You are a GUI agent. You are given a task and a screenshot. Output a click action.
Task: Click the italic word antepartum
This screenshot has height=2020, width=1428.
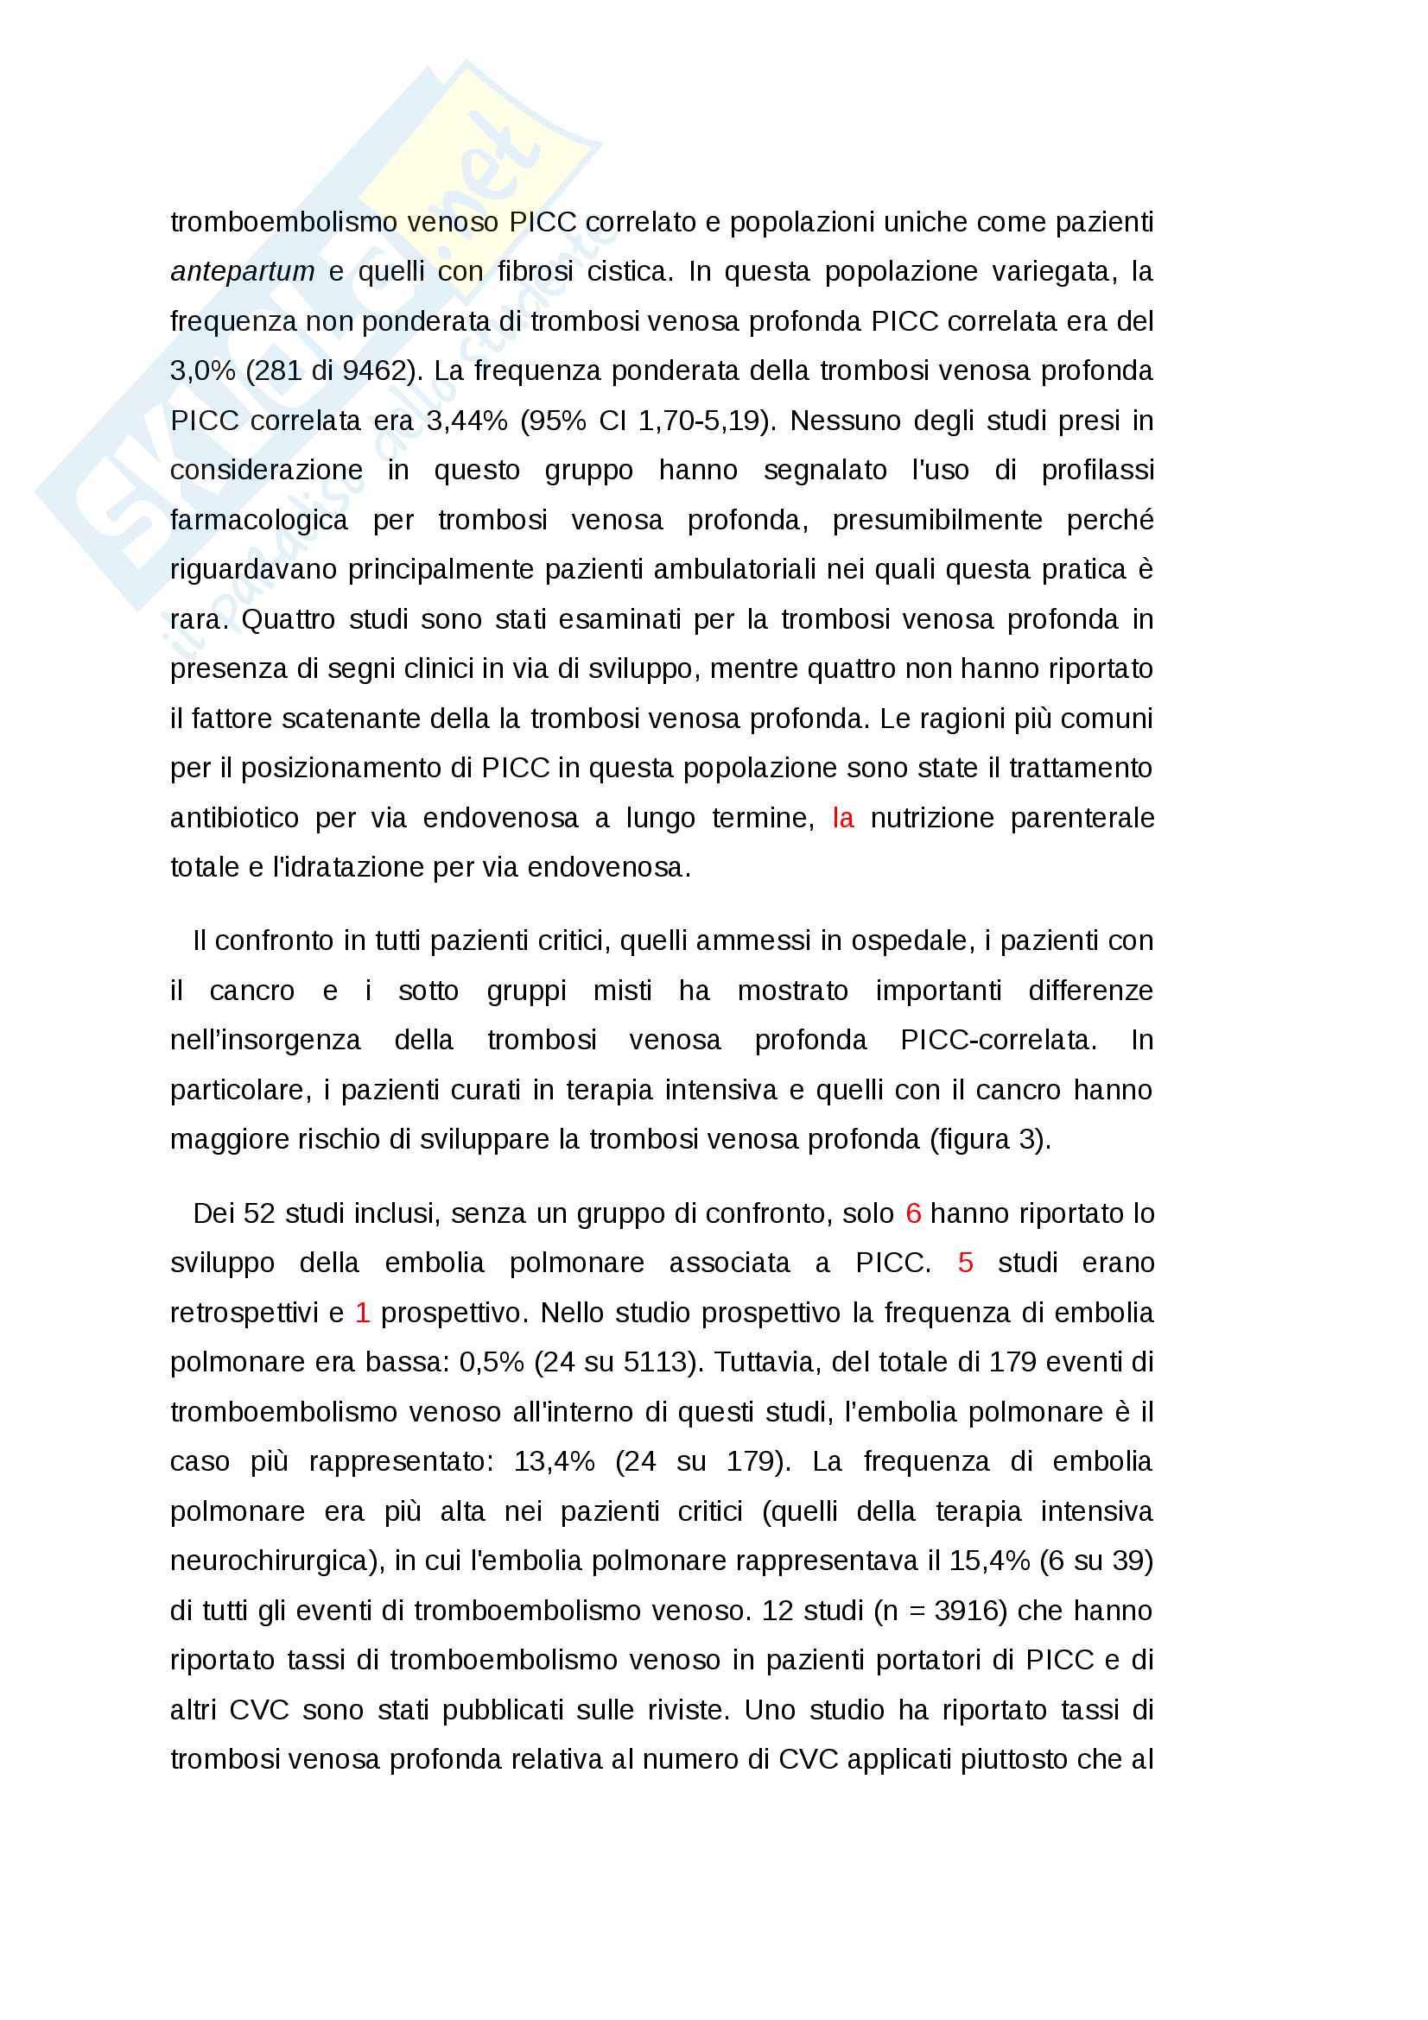tap(242, 272)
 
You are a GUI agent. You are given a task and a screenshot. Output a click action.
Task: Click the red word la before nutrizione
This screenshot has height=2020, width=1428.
tap(842, 818)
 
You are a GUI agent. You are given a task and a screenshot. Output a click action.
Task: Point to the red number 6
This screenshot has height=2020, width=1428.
tap(913, 1213)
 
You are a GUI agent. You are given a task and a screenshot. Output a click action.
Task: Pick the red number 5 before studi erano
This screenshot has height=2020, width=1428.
tap(965, 1263)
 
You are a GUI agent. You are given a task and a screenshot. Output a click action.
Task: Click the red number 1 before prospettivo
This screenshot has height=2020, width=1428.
tap(362, 1313)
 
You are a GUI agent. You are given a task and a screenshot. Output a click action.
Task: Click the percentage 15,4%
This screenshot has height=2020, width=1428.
tap(989, 1561)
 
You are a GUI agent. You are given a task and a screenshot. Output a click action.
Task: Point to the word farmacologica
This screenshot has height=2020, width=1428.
tap(258, 520)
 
